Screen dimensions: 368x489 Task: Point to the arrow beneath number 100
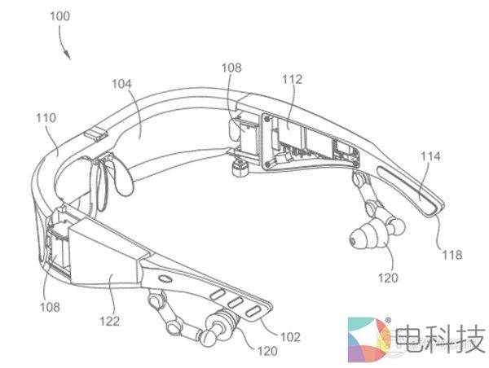(x=67, y=51)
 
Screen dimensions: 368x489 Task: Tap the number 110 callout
(x=46, y=118)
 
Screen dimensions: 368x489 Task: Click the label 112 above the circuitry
(x=292, y=79)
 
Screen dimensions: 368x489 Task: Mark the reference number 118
(x=452, y=255)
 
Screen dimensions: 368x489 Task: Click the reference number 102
(x=291, y=335)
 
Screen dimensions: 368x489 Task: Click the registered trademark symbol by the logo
(x=388, y=319)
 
